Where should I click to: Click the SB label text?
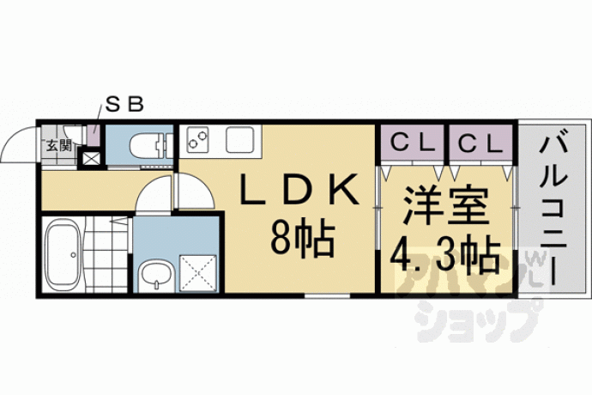tap(124, 104)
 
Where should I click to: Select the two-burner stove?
tap(198, 139)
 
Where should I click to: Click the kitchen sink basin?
tap(239, 139)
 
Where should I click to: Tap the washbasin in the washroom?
tap(155, 275)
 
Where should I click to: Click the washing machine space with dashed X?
tap(198, 273)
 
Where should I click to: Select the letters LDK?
tap(299, 189)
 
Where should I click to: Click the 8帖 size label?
tap(302, 238)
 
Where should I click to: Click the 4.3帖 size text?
tap(444, 253)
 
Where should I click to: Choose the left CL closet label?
tap(413, 143)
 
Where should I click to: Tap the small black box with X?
tap(91, 158)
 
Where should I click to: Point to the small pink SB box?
tap(93, 135)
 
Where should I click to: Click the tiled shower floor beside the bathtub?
tap(106, 254)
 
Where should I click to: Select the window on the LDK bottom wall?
tap(328, 296)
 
